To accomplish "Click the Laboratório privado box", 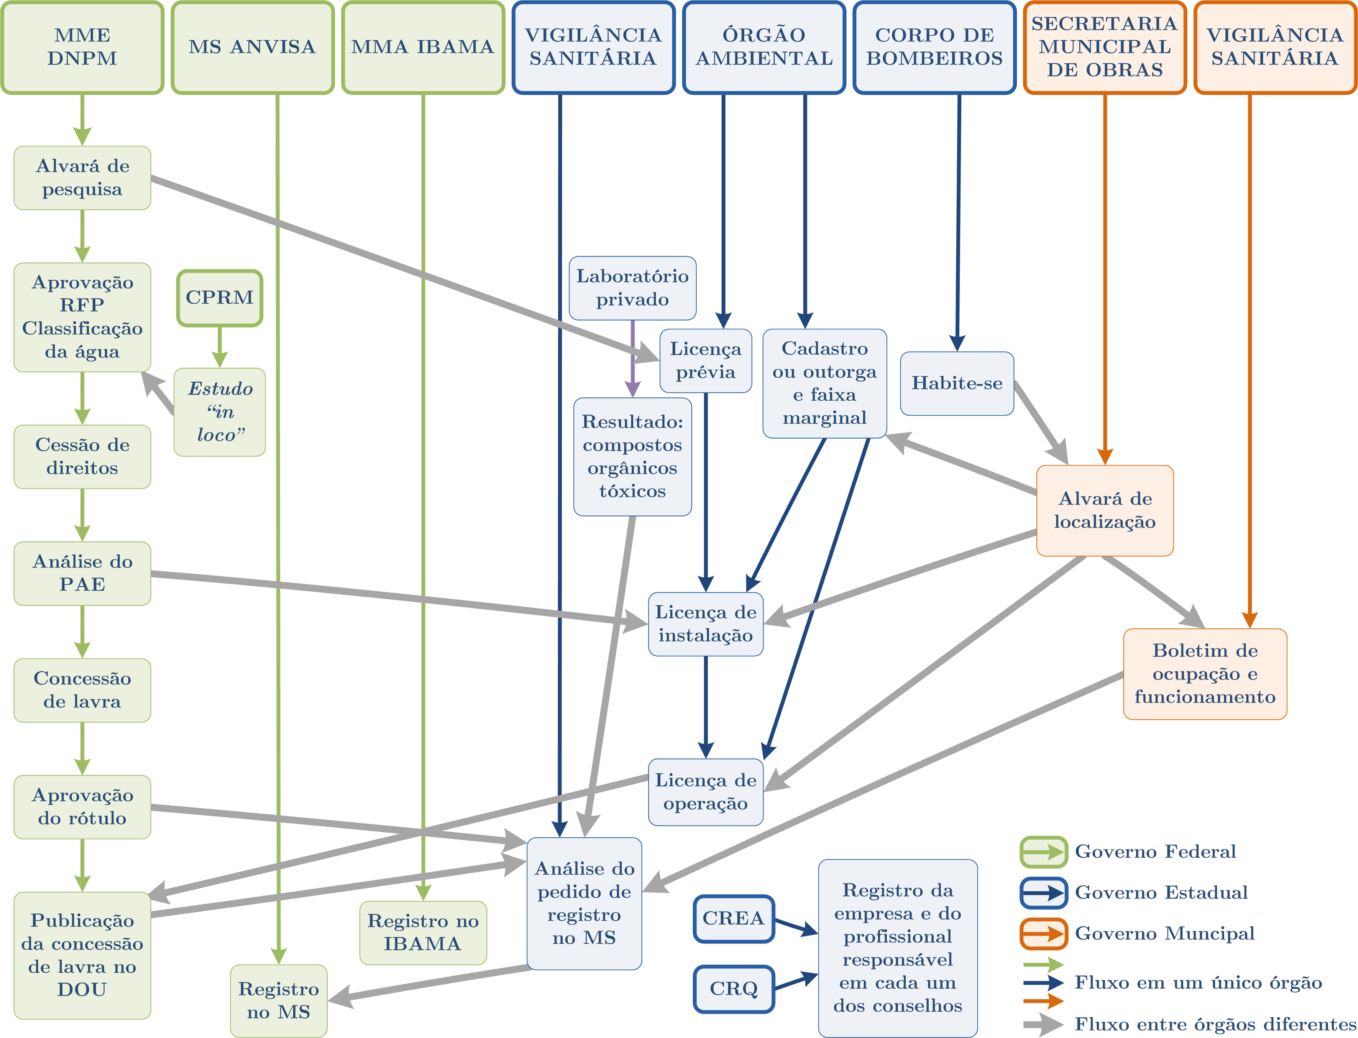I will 632,288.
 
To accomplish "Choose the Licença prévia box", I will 706,361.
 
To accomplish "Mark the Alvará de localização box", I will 1105,510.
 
